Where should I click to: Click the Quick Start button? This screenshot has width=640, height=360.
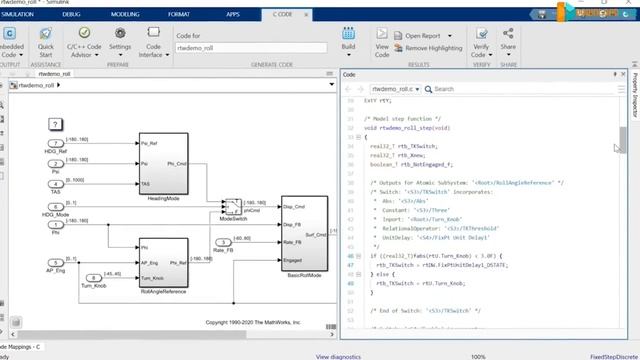46,41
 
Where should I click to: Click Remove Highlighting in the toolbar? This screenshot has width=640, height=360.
431,48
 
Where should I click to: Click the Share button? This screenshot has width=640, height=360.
508,41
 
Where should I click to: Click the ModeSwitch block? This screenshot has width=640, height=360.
231,206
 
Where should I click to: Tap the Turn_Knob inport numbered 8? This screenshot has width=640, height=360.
93,277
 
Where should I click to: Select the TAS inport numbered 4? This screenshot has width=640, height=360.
55,184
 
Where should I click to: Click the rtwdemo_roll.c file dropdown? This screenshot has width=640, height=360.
400,89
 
